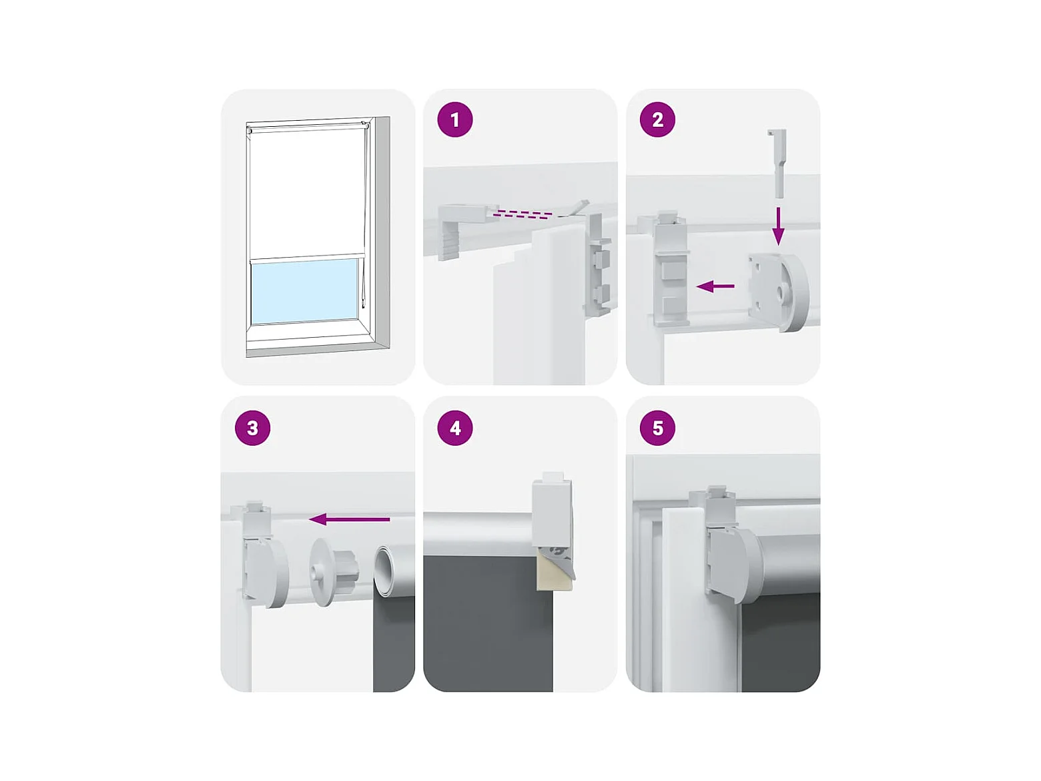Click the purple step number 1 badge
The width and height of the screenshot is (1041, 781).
(x=455, y=119)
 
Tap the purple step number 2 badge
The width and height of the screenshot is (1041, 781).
(x=657, y=119)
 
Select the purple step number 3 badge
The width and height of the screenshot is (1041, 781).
(x=253, y=428)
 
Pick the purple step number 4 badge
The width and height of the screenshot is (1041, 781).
(x=455, y=428)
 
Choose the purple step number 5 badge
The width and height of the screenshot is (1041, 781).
(x=657, y=428)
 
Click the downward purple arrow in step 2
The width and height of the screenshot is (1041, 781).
(x=778, y=225)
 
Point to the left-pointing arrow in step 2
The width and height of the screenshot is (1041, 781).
(x=715, y=286)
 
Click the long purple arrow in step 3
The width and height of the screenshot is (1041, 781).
(x=349, y=519)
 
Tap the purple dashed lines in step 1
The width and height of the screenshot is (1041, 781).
(x=524, y=214)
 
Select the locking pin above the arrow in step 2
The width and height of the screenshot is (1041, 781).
(x=777, y=163)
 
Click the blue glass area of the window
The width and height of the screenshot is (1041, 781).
(x=304, y=292)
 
